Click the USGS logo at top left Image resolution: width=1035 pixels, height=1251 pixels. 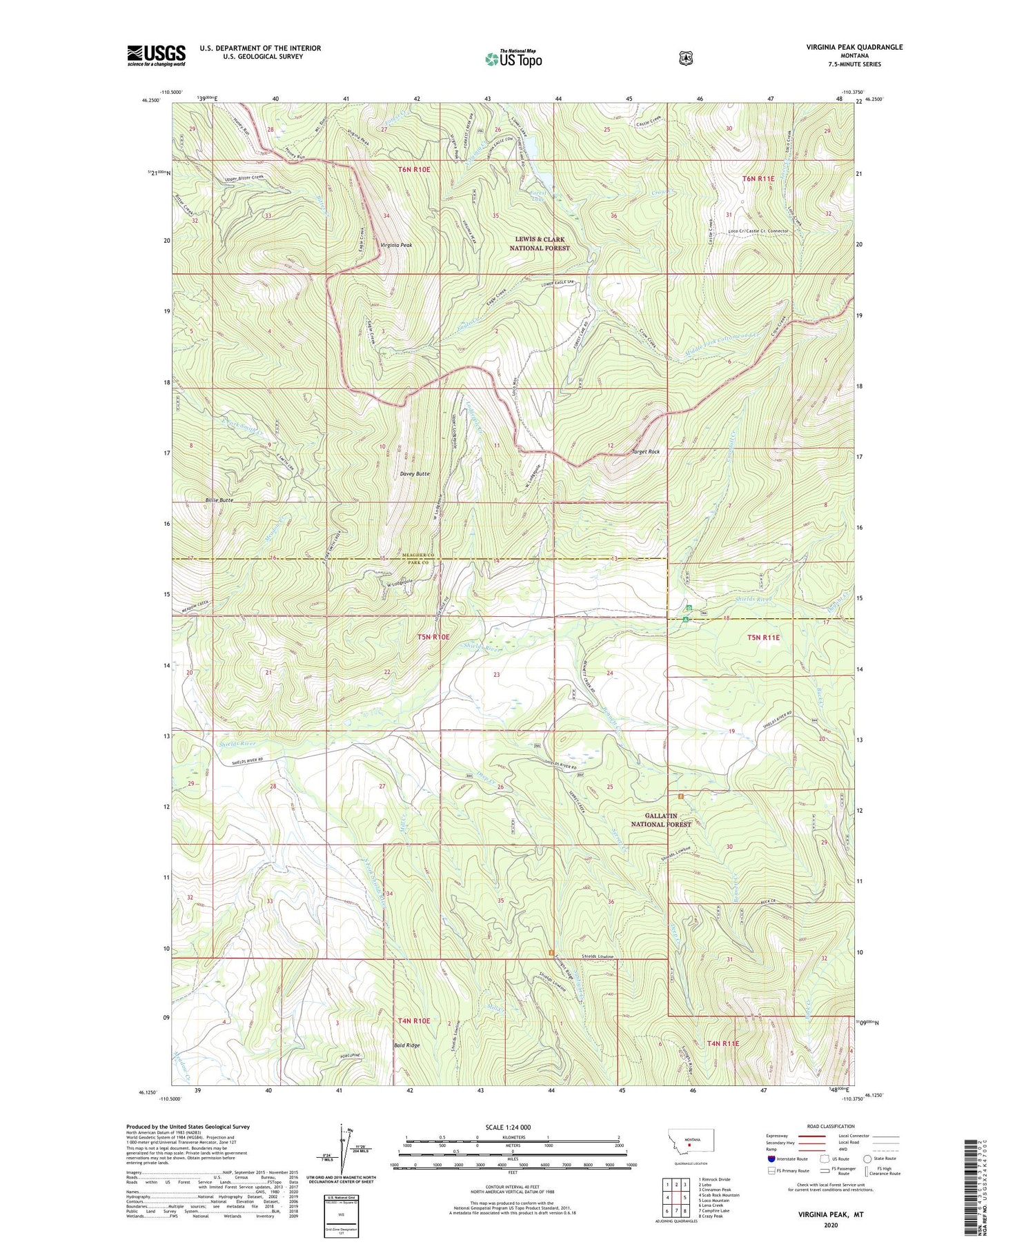pyautogui.click(x=157, y=55)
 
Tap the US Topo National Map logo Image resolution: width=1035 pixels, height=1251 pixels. pyautogui.click(x=513, y=59)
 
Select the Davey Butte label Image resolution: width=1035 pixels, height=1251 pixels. pyautogui.click(x=415, y=474)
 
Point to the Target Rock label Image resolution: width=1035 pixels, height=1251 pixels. pyautogui.click(x=646, y=451)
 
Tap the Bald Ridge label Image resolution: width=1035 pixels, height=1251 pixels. pyautogui.click(x=406, y=1045)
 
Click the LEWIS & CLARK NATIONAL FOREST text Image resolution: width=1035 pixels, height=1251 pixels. pyautogui.click(x=540, y=244)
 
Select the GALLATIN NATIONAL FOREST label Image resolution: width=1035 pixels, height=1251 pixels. pyautogui.click(x=661, y=820)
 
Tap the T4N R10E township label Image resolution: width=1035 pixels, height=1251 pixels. pyautogui.click(x=414, y=1021)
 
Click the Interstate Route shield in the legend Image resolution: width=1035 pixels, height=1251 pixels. pyautogui.click(x=772, y=1159)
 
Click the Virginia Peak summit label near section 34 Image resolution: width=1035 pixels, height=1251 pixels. pyautogui.click(x=396, y=245)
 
